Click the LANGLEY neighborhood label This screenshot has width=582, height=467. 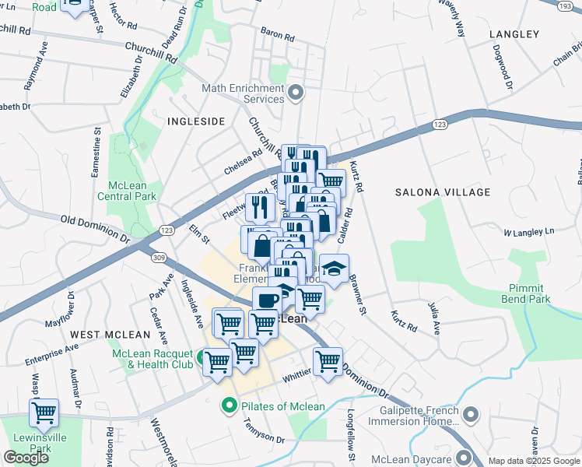[514, 34]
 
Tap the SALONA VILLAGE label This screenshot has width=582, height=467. [443, 191]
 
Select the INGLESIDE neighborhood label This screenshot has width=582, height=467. [195, 121]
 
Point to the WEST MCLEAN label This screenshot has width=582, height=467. [110, 334]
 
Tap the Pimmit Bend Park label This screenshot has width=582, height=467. [524, 293]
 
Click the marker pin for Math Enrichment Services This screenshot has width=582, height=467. [295, 94]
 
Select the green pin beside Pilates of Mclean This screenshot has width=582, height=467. [230, 405]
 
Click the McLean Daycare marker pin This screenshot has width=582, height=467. [465, 457]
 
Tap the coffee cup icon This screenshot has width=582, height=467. [268, 300]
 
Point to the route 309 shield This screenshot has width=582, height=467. [159, 257]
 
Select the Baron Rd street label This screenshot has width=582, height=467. [278, 36]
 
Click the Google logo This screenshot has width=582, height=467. [26, 457]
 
